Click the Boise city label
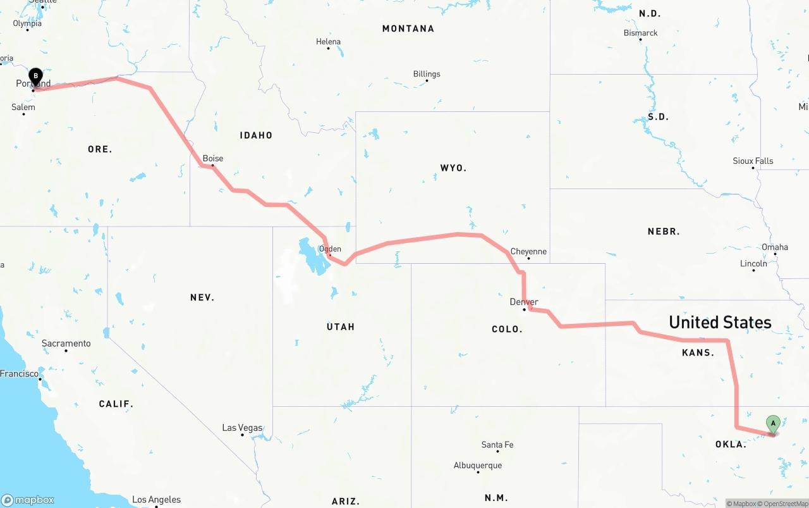212,159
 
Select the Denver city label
524,302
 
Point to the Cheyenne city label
528,252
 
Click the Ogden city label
330,249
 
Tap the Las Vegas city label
242,428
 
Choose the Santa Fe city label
497,445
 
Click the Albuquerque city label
478,466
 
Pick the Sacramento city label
66,344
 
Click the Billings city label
427,74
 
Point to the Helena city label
328,42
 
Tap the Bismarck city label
640,33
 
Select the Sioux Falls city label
753,161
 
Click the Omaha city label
774,247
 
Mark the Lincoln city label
753,264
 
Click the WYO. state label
453,168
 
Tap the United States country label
720,323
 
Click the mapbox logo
28,500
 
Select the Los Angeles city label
156,500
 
